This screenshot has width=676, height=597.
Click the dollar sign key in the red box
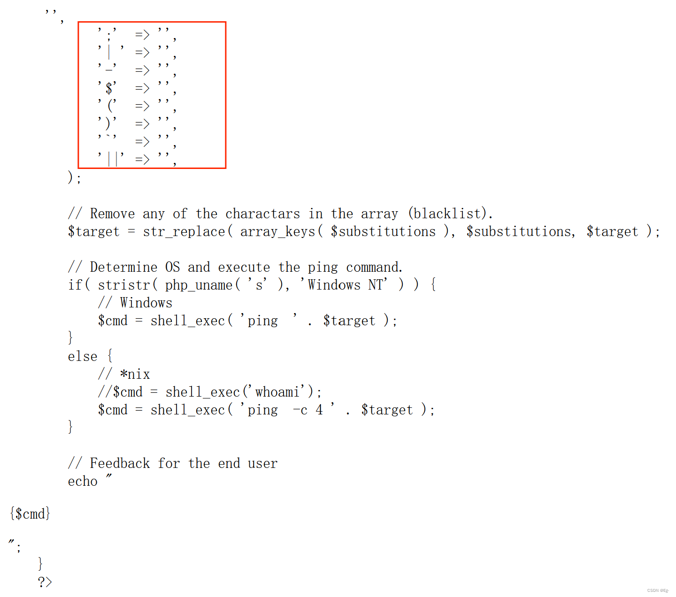(109, 88)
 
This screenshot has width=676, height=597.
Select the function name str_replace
(184, 231)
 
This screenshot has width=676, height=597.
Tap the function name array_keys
(277, 231)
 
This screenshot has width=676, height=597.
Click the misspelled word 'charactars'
(262, 214)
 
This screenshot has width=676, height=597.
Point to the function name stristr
(124, 285)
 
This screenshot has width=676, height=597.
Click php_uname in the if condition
(199, 285)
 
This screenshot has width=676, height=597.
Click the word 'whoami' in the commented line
(277, 392)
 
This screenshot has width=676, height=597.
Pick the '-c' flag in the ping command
(300, 410)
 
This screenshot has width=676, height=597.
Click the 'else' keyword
(83, 356)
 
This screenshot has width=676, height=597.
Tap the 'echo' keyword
(83, 481)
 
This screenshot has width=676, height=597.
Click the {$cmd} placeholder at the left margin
(30, 513)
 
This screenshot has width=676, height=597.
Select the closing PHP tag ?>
(45, 582)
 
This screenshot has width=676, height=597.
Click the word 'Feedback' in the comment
(120, 463)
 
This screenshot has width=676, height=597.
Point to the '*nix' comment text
(135, 374)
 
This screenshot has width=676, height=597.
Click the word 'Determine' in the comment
(123, 267)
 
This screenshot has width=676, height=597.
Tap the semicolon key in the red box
(109, 35)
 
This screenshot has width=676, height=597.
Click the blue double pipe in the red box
(113, 159)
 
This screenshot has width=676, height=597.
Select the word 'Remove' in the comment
(112, 214)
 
